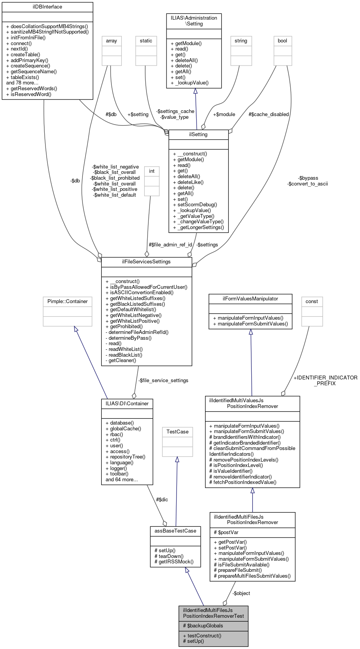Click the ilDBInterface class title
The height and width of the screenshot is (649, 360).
[x=47, y=7]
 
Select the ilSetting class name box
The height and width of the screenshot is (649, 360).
[x=199, y=135]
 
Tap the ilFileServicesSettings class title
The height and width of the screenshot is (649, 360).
[x=146, y=262]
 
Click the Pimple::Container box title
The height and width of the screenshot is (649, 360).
[x=67, y=302]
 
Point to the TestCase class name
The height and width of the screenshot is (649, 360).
[x=177, y=432]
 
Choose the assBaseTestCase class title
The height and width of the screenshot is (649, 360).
[x=175, y=531]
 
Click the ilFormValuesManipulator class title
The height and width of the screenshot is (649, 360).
[x=250, y=299]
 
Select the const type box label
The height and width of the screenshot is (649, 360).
[x=312, y=302]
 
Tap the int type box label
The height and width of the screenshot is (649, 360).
[x=152, y=171]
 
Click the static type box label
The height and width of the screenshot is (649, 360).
[x=146, y=41]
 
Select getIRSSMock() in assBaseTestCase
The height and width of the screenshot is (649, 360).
[x=174, y=562]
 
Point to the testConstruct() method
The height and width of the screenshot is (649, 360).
[x=202, y=636]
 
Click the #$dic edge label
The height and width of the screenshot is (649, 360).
[x=162, y=500]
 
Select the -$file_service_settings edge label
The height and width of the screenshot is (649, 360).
[x=163, y=381]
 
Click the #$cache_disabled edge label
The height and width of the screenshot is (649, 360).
[x=269, y=115]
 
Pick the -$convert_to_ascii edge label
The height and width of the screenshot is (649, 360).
[x=308, y=184]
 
